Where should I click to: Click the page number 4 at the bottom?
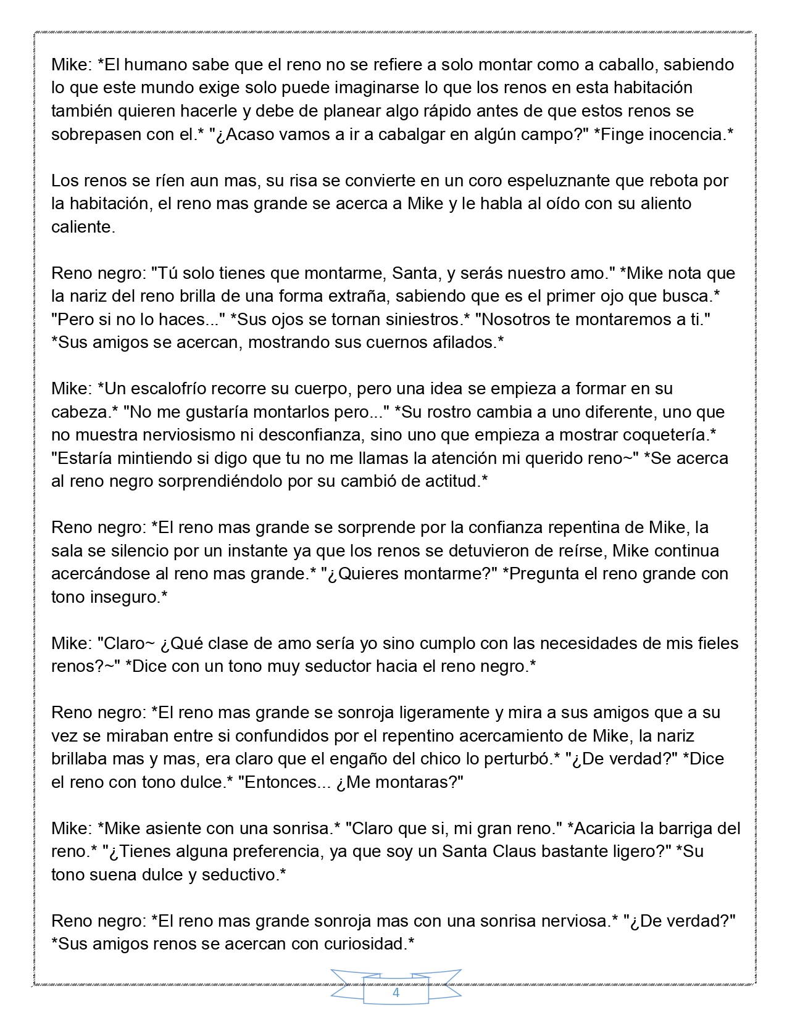coord(396,993)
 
